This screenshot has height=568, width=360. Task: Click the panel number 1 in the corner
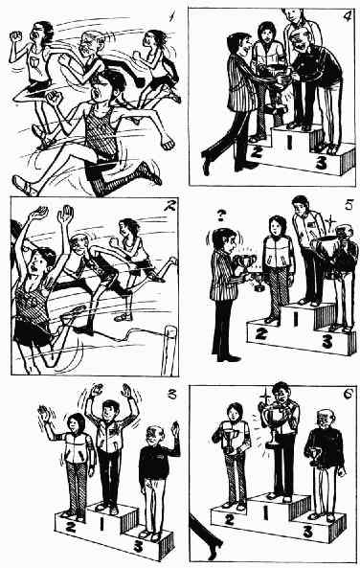click(172, 16)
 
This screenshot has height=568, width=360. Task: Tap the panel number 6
click(349, 396)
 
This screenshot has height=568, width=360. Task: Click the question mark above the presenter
click(220, 216)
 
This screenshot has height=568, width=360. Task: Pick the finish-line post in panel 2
click(169, 350)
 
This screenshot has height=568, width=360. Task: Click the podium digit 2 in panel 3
click(71, 526)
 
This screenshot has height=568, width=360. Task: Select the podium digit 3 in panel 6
click(307, 532)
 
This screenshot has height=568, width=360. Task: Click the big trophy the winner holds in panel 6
click(274, 421)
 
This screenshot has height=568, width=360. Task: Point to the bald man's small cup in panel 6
click(314, 456)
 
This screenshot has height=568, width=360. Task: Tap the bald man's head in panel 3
click(156, 436)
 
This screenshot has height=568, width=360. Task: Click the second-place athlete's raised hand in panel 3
click(44, 414)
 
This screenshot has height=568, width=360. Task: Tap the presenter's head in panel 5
click(225, 240)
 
